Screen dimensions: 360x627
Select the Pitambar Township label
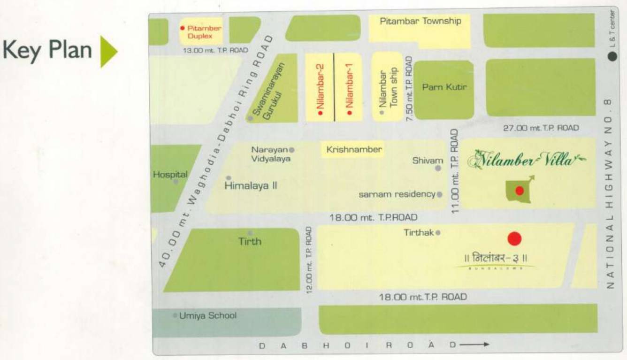click(x=420, y=21)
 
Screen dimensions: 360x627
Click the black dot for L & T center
click(x=612, y=56)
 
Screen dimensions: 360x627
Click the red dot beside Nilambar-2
click(x=319, y=113)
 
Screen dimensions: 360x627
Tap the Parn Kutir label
click(x=444, y=87)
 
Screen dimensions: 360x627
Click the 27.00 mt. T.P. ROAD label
click(x=541, y=128)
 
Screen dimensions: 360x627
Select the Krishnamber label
click(x=354, y=150)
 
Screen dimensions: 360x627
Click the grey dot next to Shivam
click(x=439, y=168)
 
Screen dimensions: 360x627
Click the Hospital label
click(x=170, y=174)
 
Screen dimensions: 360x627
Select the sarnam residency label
click(x=397, y=194)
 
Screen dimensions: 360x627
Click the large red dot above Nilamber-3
click(x=514, y=239)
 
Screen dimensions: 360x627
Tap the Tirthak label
click(x=419, y=232)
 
